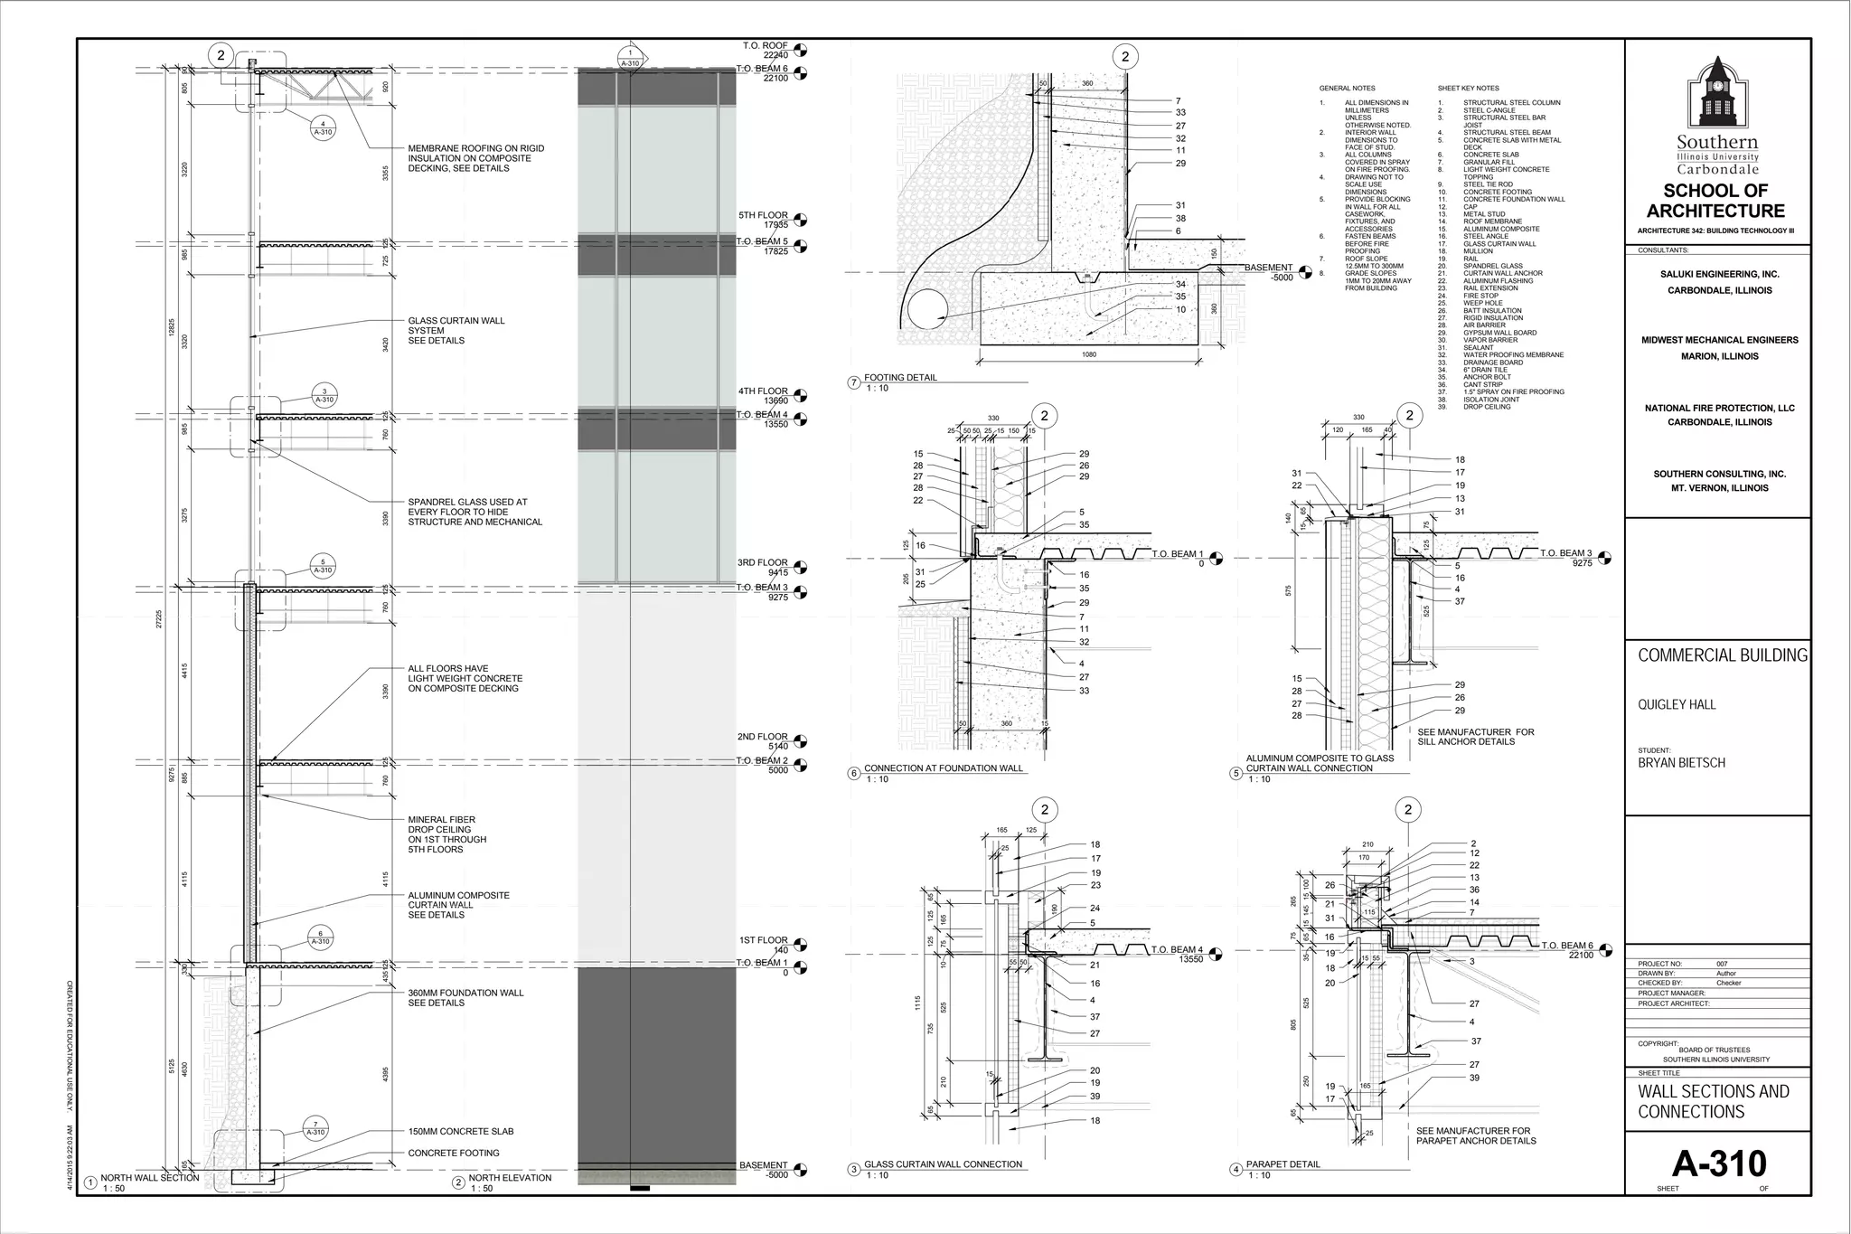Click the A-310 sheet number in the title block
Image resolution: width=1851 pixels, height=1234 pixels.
(x=1718, y=1163)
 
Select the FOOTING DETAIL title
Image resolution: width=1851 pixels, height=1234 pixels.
(x=900, y=378)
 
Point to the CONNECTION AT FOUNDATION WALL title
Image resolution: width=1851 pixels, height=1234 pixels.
(x=943, y=768)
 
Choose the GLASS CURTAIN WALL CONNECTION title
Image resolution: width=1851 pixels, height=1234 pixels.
(x=943, y=1164)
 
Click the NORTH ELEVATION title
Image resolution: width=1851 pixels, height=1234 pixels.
(x=510, y=1178)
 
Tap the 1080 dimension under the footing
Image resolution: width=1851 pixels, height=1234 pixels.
(x=1089, y=355)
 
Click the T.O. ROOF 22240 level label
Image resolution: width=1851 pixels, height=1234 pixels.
(x=765, y=51)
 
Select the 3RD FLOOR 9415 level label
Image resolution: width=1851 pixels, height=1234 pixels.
(x=763, y=568)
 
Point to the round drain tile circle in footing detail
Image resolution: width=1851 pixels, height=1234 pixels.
(x=928, y=310)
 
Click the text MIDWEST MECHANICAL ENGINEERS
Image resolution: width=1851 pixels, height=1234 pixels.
(x=1719, y=341)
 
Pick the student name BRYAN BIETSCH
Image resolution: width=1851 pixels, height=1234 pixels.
(x=1681, y=763)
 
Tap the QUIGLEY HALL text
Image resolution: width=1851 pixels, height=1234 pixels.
(x=1677, y=705)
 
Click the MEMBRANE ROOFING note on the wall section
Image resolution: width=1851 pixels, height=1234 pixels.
(x=475, y=158)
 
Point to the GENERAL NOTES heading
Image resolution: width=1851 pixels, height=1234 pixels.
(x=1347, y=89)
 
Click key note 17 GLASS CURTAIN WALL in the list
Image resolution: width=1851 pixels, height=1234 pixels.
(x=1499, y=244)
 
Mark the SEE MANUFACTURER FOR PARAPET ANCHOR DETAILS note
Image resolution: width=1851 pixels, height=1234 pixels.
(x=1476, y=1135)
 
